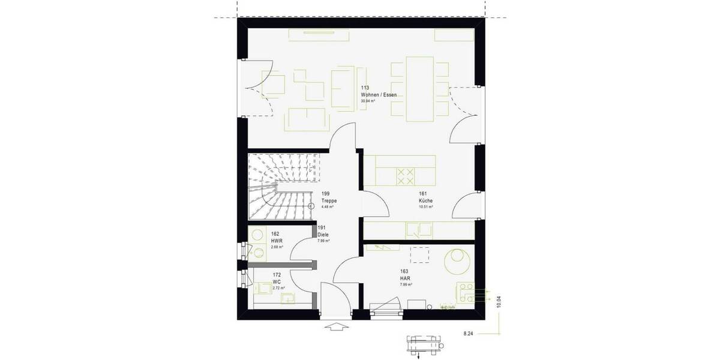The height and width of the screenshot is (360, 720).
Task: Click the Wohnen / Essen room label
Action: [378, 95]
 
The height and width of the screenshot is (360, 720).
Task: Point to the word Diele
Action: [323, 235]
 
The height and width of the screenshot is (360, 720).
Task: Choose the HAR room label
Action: [404, 278]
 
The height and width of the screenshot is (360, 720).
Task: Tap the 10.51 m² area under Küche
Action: [425, 206]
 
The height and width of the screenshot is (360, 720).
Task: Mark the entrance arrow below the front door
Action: [338, 327]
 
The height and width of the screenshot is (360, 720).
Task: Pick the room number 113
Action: [364, 88]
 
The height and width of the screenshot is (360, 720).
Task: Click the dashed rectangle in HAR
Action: [419, 254]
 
